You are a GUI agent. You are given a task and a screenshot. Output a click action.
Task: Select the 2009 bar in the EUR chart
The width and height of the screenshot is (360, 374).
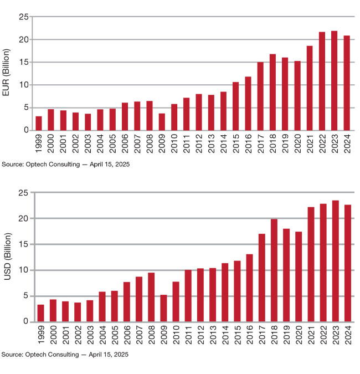162,122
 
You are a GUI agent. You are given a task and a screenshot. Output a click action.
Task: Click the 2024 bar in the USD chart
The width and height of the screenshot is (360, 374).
348,263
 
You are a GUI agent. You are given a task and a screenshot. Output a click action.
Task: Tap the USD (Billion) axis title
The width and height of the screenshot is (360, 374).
7,258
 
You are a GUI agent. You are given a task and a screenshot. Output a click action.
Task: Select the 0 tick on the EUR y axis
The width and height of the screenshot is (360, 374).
25,130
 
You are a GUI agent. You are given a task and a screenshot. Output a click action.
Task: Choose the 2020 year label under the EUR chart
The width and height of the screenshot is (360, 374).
297,145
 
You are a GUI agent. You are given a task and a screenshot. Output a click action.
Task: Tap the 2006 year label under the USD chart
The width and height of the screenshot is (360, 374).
127,337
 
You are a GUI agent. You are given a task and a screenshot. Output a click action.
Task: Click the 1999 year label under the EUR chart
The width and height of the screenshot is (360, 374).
39,145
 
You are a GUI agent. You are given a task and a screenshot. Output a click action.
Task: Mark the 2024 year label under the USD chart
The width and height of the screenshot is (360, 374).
348,337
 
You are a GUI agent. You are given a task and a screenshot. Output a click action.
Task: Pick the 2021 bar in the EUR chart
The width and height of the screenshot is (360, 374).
310,88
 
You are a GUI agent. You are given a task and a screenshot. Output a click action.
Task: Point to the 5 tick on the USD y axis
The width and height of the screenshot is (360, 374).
25,296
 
